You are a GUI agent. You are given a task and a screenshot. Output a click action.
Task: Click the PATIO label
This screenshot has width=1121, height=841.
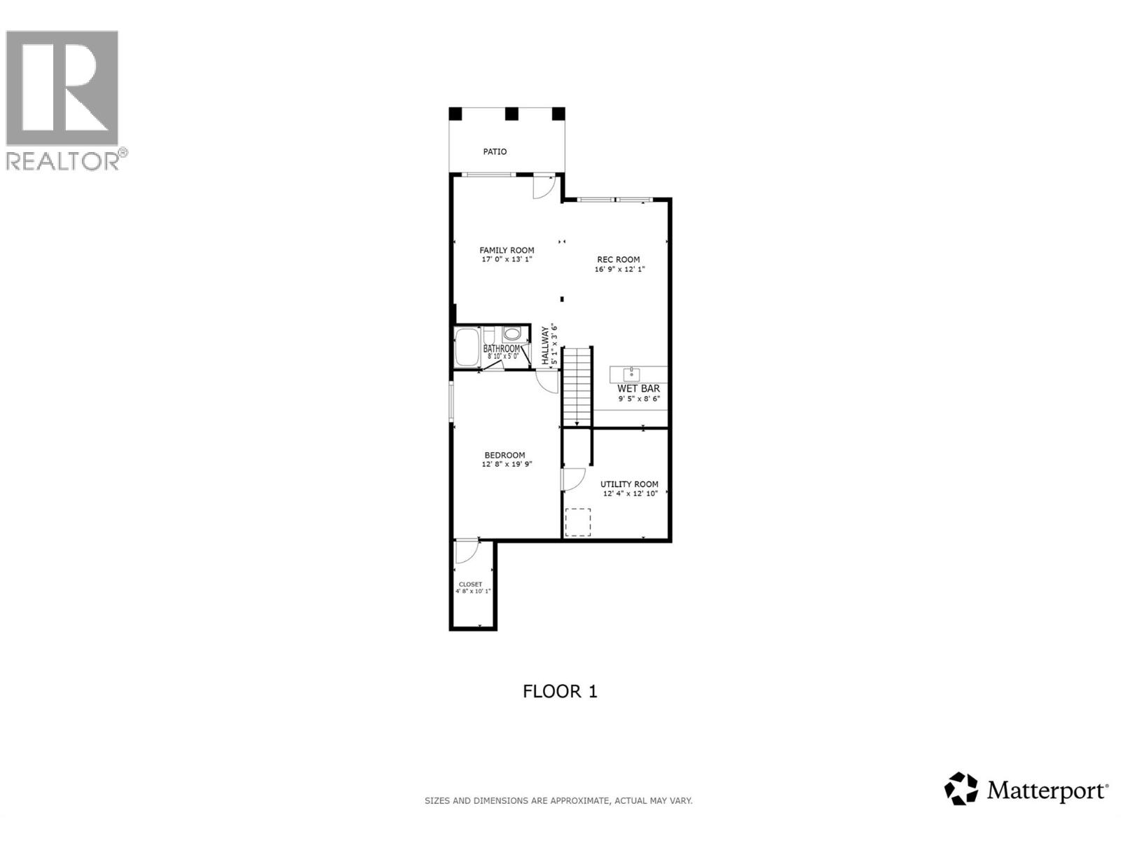tap(495, 152)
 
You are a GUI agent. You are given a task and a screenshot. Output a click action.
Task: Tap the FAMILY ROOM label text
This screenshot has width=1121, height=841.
tap(507, 250)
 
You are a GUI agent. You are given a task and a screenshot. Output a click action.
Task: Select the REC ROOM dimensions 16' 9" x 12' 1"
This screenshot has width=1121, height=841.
tap(619, 269)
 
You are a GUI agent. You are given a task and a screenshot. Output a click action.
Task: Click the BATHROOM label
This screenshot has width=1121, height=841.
tap(502, 348)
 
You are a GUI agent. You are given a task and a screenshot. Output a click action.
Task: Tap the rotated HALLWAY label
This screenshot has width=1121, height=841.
tap(545, 346)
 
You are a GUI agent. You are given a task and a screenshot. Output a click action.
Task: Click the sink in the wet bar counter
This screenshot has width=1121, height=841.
tap(631, 374)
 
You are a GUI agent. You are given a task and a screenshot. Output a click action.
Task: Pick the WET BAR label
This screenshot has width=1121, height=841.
tap(638, 389)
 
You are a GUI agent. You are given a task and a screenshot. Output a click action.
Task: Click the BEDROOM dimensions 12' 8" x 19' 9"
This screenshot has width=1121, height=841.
tap(507, 464)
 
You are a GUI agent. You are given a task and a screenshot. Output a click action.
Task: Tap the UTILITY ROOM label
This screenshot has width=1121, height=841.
tap(629, 484)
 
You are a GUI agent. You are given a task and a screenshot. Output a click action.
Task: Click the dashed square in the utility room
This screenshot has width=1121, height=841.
tap(578, 522)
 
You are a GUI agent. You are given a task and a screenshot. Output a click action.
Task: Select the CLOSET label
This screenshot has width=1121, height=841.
tap(470, 584)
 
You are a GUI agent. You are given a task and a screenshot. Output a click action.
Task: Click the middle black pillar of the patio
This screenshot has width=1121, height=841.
tap(511, 114)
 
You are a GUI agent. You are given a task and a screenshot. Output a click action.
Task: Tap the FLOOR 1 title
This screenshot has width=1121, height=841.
tap(560, 692)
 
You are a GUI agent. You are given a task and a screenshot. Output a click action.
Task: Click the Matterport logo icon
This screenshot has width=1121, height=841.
tap(961, 788)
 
